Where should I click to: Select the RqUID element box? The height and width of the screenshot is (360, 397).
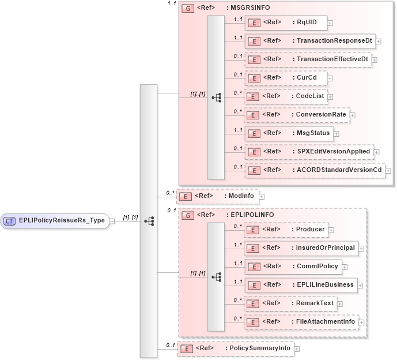coord(285,23)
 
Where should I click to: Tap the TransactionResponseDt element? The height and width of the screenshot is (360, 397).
coord(310,41)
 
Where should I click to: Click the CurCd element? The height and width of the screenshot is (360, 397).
coord(285,77)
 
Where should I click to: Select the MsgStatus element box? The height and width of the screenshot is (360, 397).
coord(288,133)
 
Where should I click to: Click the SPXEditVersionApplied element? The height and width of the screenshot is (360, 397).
coord(309,152)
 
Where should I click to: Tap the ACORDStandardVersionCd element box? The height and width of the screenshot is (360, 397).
coord(315,170)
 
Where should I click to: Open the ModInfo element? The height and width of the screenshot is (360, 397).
coord(217,196)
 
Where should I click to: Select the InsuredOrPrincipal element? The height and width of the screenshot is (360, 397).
coord(301,249)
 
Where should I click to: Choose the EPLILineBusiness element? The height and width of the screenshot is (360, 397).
coord(301,285)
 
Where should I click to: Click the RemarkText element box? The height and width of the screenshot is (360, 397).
coord(290,303)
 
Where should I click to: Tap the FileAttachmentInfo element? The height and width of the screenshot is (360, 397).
coord(301,322)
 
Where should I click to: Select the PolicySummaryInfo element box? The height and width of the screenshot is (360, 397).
coord(235,348)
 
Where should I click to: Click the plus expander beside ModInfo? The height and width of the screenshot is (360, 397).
coord(262,197)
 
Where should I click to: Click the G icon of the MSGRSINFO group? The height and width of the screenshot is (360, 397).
coord(187,9)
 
